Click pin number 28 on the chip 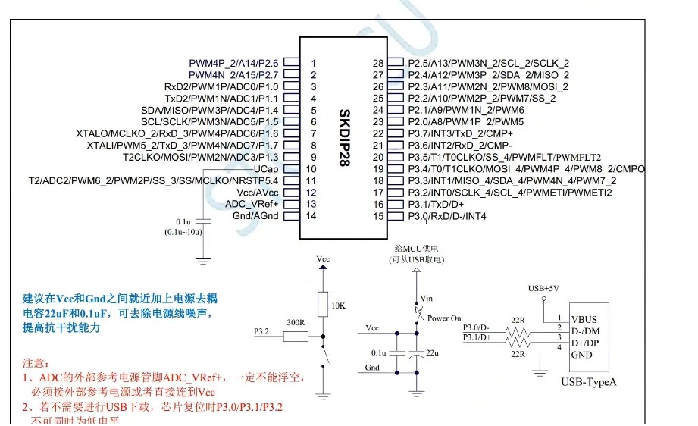(x=379, y=63)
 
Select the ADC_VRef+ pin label (x=252, y=204)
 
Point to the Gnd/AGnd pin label (x=255, y=216)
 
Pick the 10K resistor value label (x=339, y=305)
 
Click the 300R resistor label (x=295, y=322)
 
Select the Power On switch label (x=444, y=318)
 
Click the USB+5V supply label (x=543, y=289)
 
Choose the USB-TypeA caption (x=589, y=381)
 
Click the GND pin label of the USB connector (x=581, y=355)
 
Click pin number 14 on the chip (x=312, y=216)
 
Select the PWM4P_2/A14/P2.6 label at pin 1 (x=233, y=63)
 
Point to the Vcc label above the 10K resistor (x=323, y=259)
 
